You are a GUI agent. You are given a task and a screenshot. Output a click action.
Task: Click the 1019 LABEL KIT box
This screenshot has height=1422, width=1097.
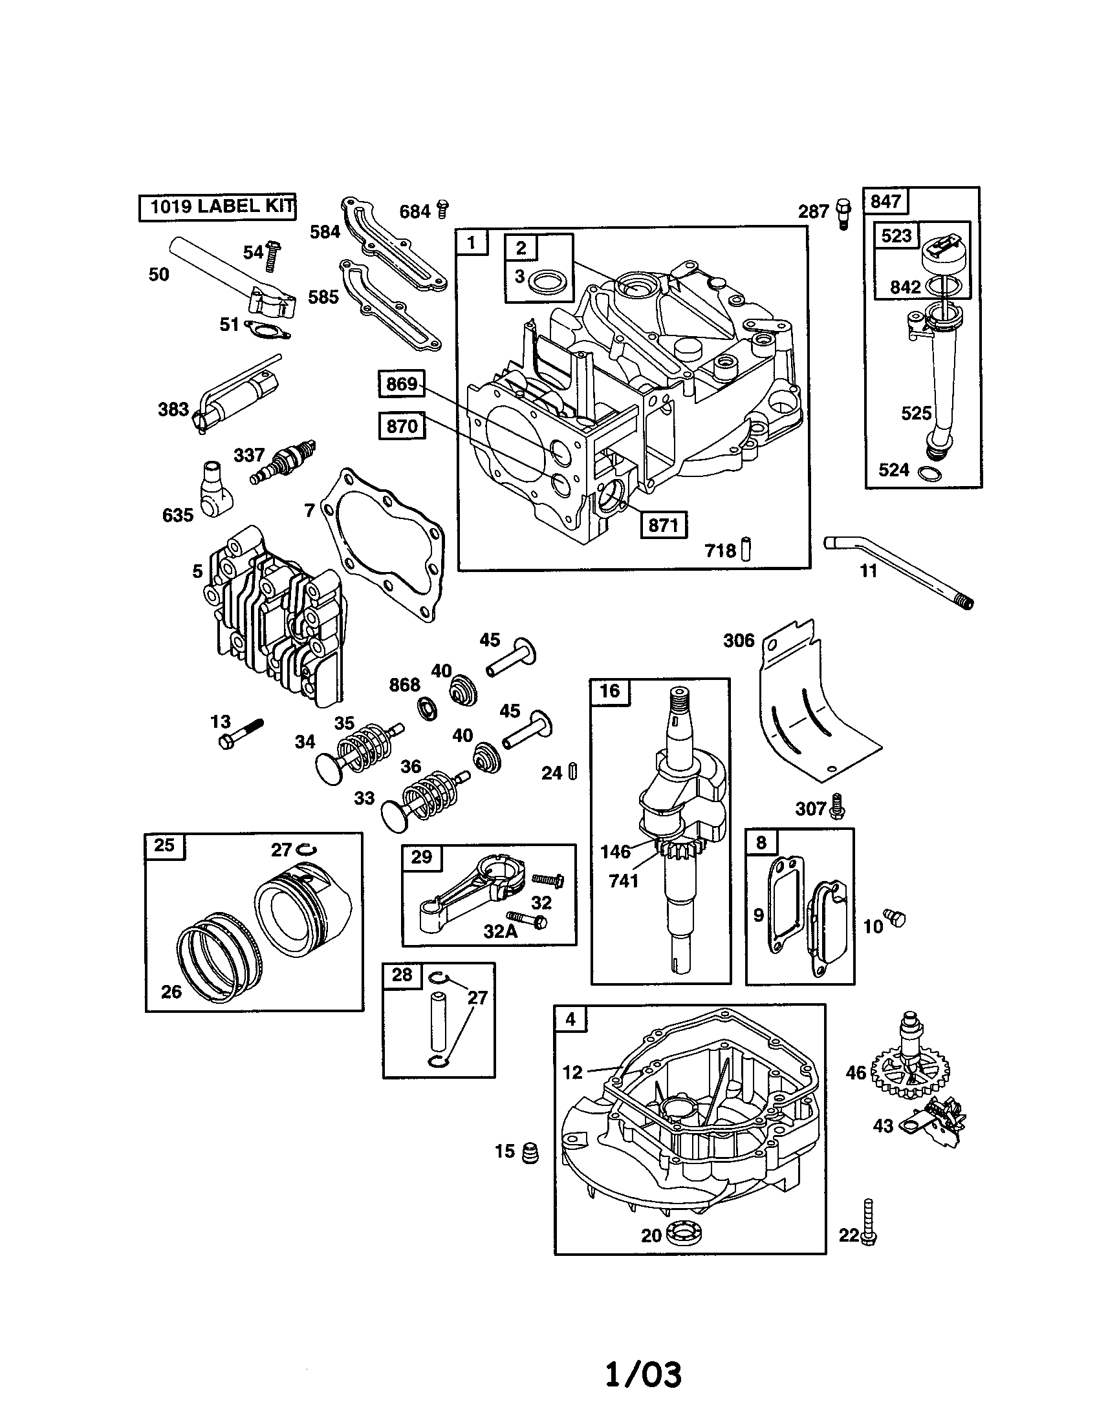click(217, 207)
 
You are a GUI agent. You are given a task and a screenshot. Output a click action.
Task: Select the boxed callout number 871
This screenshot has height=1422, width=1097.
click(663, 525)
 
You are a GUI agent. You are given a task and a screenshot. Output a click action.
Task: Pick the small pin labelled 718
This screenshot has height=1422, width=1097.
click(746, 549)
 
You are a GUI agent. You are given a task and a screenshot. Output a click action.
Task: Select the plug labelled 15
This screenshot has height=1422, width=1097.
click(531, 1153)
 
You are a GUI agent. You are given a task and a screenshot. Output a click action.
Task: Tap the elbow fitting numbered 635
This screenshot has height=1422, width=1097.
click(214, 496)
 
